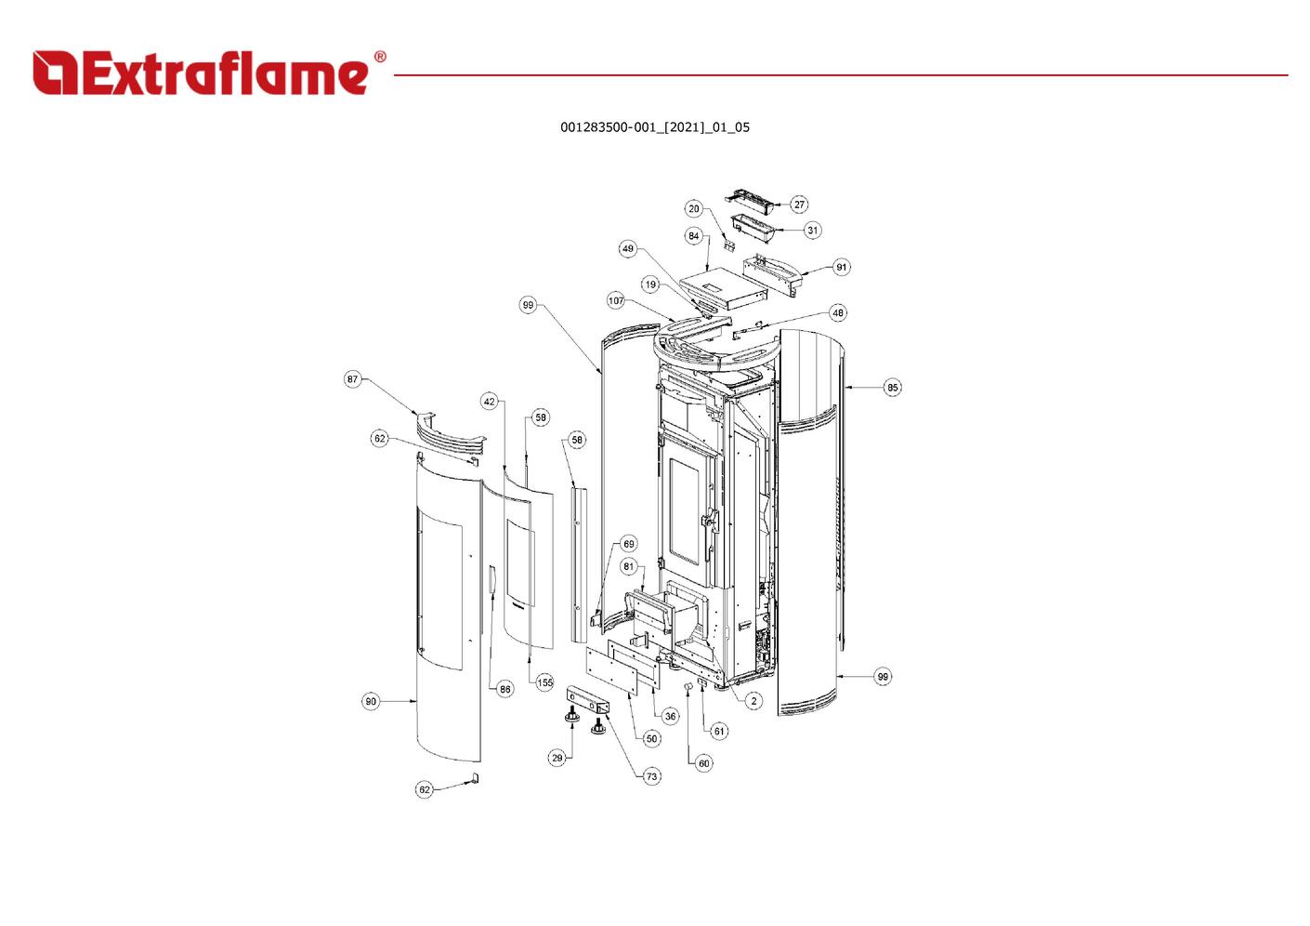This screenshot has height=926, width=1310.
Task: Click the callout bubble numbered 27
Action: tap(799, 205)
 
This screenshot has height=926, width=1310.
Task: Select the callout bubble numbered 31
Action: tap(812, 230)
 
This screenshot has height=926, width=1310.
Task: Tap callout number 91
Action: tap(841, 267)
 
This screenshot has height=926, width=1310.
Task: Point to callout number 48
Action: tap(838, 312)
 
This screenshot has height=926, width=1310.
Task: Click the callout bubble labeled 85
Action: tap(893, 387)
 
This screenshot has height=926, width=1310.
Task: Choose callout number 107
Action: tap(616, 301)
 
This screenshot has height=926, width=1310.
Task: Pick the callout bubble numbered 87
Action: tap(352, 379)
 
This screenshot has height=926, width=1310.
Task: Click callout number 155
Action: tap(544, 682)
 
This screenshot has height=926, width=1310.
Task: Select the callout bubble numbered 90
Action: tap(371, 701)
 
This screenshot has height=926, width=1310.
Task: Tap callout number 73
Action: tap(651, 776)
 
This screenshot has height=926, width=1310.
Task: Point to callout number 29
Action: tap(557, 758)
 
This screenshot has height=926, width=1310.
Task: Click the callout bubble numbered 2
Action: tap(753, 701)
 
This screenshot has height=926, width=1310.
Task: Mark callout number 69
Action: tap(629, 544)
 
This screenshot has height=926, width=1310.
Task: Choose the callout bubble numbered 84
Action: tap(694, 236)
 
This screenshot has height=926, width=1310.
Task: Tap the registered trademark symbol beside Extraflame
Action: tap(380, 57)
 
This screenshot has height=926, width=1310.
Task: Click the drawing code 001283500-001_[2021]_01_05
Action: tap(655, 127)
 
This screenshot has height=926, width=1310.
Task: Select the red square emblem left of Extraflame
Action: tap(56, 73)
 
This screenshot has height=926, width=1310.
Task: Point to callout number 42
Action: tap(489, 402)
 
